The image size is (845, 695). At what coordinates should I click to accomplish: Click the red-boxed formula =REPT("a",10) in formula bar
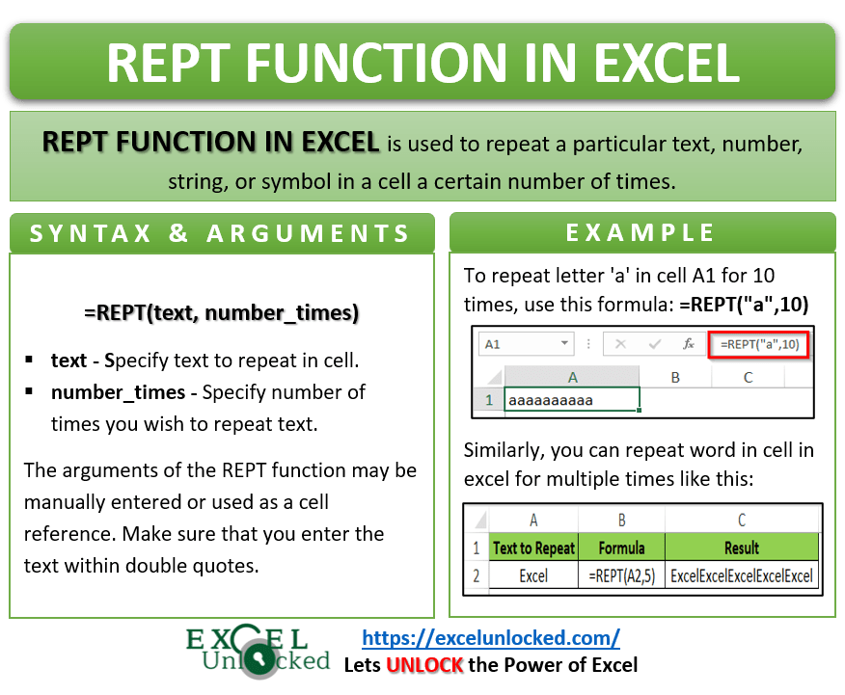click(758, 343)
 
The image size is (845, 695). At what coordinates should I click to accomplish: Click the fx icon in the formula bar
click(688, 343)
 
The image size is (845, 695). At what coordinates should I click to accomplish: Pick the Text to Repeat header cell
click(533, 548)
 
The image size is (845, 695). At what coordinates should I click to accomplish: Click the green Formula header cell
click(621, 548)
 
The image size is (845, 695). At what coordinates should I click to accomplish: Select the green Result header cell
click(742, 548)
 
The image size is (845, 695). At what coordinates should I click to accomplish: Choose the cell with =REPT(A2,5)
click(621, 575)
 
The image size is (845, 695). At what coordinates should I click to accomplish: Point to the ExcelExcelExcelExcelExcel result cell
click(742, 575)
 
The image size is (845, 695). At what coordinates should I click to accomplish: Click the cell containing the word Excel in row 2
click(533, 575)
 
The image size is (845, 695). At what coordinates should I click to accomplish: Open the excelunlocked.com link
click(490, 637)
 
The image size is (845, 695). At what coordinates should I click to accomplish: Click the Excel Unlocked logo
click(259, 651)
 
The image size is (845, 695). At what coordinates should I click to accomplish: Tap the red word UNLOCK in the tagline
click(425, 664)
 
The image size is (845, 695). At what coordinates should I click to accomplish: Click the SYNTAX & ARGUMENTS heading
click(221, 233)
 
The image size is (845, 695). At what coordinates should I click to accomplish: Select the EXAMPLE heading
click(641, 232)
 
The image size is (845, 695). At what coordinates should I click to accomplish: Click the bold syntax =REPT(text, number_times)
click(221, 312)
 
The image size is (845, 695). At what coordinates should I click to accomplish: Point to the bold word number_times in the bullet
click(118, 391)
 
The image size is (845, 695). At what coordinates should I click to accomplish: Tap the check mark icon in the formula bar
click(655, 343)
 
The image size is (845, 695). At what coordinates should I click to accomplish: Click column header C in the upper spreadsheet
click(748, 378)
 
